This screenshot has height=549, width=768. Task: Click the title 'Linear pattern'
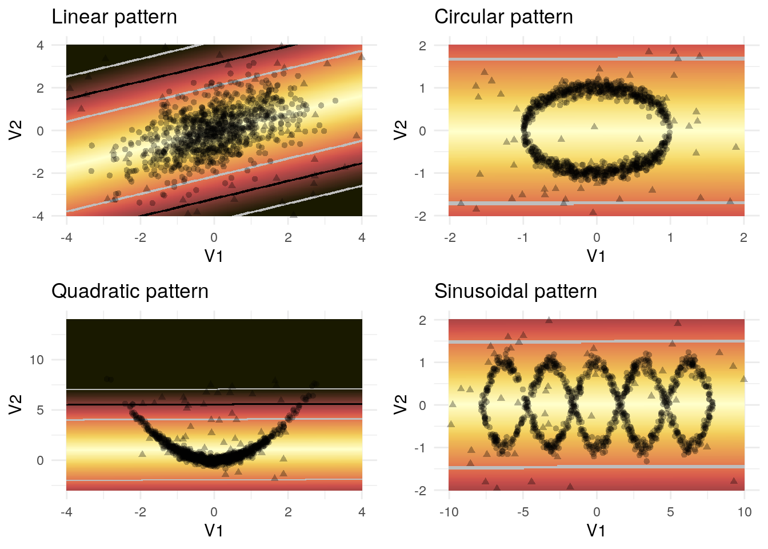tap(114, 17)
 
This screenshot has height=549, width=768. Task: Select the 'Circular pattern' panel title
tap(503, 17)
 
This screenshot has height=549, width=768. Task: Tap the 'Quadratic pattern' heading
tap(130, 292)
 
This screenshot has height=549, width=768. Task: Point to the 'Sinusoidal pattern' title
tap(515, 292)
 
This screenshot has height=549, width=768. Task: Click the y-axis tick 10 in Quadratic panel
tap(37, 360)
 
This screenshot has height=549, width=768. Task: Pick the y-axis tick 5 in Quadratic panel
tap(40, 410)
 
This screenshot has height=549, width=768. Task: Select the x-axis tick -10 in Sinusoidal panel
tap(449, 512)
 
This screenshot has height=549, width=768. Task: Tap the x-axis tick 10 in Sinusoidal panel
tap(744, 512)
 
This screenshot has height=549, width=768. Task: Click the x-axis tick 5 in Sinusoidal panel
tap(670, 512)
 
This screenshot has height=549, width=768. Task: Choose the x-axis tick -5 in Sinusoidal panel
tap(523, 512)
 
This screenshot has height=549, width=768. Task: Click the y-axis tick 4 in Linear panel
tap(40, 45)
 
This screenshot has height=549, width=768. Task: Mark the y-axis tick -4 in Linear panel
tap(38, 216)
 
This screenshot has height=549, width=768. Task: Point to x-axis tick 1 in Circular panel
tap(670, 237)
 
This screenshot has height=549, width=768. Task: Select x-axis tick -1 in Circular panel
tap(523, 237)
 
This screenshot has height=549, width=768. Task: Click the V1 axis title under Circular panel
tap(596, 256)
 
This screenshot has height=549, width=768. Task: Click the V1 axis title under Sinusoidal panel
tap(596, 530)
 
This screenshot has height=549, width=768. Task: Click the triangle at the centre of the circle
tap(595, 126)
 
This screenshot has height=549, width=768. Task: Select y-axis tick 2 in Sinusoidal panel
tap(422, 320)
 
